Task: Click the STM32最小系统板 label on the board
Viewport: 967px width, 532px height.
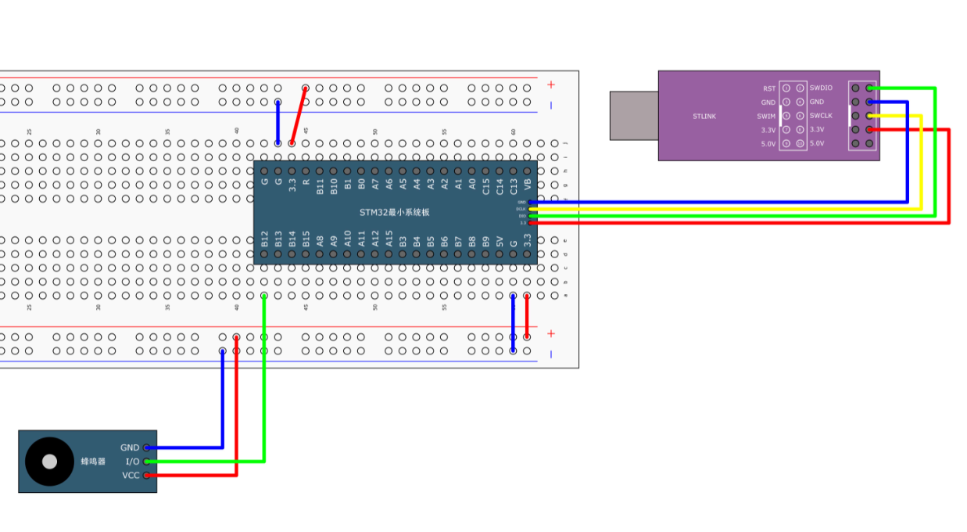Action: click(x=395, y=212)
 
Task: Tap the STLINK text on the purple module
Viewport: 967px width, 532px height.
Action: click(x=704, y=117)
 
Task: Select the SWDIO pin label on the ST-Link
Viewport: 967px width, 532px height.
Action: click(x=821, y=88)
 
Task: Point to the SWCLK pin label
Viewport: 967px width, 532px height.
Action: click(x=821, y=116)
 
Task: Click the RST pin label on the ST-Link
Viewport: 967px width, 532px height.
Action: click(x=769, y=88)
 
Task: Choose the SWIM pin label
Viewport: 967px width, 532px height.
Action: click(x=766, y=116)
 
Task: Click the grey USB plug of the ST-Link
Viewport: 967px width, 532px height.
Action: click(x=634, y=115)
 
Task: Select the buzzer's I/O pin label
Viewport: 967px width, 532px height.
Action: click(x=132, y=462)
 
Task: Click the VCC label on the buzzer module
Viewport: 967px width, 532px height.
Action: click(x=131, y=476)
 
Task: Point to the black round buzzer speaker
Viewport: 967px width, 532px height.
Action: click(x=49, y=462)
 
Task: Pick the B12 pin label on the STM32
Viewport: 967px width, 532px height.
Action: click(x=264, y=239)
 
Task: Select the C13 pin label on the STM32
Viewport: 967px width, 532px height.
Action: click(x=513, y=185)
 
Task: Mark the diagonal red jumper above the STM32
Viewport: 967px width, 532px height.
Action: click(x=299, y=116)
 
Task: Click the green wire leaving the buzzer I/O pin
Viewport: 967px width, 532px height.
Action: click(x=264, y=376)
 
